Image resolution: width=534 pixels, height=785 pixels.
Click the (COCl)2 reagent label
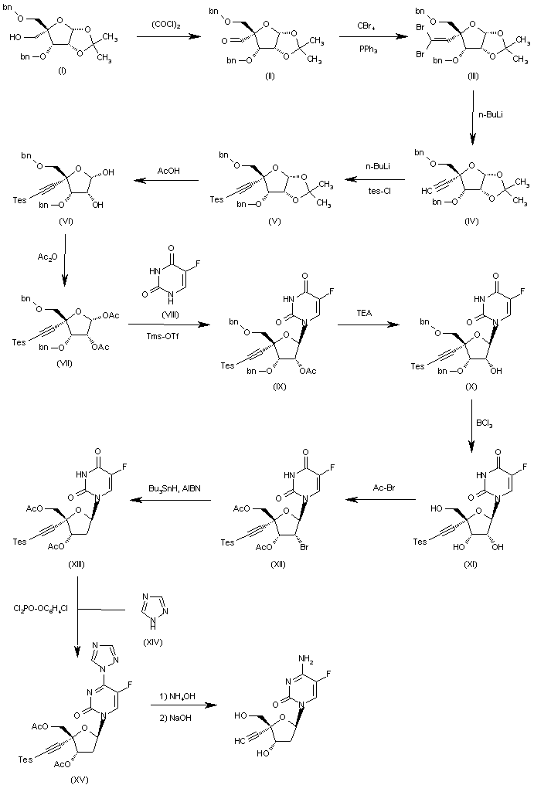pos(166,25)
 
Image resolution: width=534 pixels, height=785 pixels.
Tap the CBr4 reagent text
pos(366,25)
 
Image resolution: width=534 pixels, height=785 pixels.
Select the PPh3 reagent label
pos(368,49)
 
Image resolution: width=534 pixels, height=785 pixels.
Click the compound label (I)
pos(62,71)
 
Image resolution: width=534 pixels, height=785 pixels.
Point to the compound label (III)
pos(472,76)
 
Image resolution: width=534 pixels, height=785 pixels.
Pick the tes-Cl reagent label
pos(379,191)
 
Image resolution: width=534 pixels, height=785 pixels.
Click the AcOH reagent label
pos(168,171)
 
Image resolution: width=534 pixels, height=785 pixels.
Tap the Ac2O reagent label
pos(48,257)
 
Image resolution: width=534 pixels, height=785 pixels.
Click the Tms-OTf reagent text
pos(163,336)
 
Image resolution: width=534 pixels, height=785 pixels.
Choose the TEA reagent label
pos(364,313)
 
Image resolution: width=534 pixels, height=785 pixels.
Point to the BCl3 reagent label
pos(485,423)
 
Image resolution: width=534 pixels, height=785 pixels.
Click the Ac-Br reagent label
pos(384,487)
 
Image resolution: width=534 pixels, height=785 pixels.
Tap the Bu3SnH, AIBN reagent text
pos(175,488)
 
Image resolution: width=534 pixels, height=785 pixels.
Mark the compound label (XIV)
pos(153,642)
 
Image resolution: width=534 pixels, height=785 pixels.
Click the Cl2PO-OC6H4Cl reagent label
pos(41,610)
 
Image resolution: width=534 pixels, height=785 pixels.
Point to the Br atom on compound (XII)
pos(304,547)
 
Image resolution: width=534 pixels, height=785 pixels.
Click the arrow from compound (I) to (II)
pos(168,36)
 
